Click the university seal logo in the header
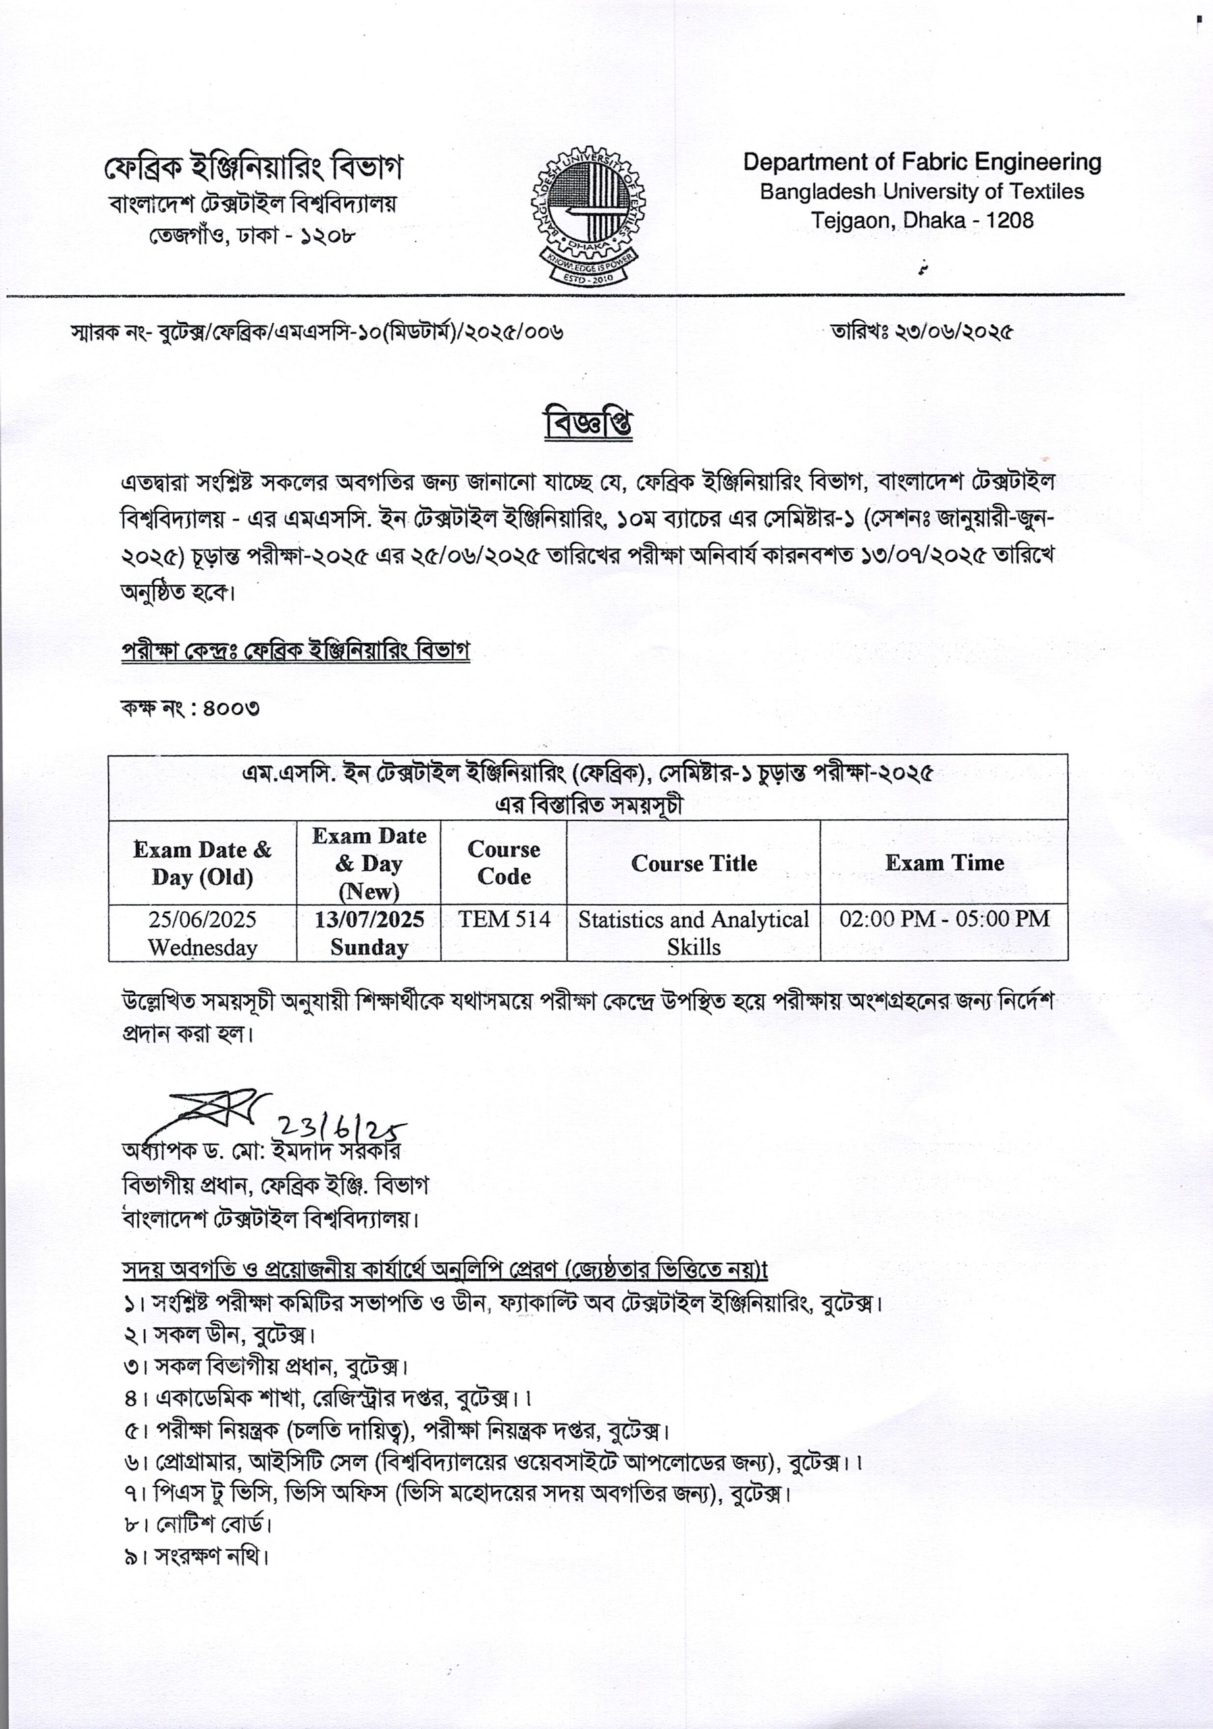[588, 216]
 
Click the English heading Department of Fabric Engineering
[922, 162]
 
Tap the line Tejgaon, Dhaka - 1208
[922, 221]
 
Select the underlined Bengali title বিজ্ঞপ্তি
[588, 424]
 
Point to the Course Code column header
[504, 862]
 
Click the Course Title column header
[694, 863]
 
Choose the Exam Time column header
[944, 862]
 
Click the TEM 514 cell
[504, 919]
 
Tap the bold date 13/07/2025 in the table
[369, 919]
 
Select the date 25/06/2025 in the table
[202, 919]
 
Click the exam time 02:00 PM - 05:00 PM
[944, 919]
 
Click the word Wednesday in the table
[202, 947]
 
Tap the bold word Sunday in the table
[369, 947]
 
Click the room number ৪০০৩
[231, 708]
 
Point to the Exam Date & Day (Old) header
[202, 863]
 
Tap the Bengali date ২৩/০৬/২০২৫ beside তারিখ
[953, 332]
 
